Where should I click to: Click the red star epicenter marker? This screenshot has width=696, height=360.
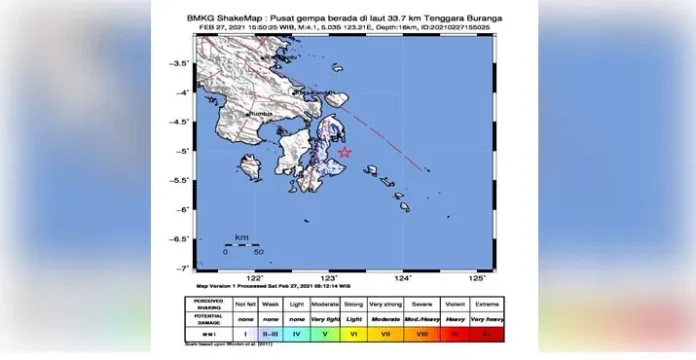[x=345, y=153]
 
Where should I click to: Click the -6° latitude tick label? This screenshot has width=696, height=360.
[x=183, y=210]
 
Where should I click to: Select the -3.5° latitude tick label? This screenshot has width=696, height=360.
[x=181, y=63]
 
